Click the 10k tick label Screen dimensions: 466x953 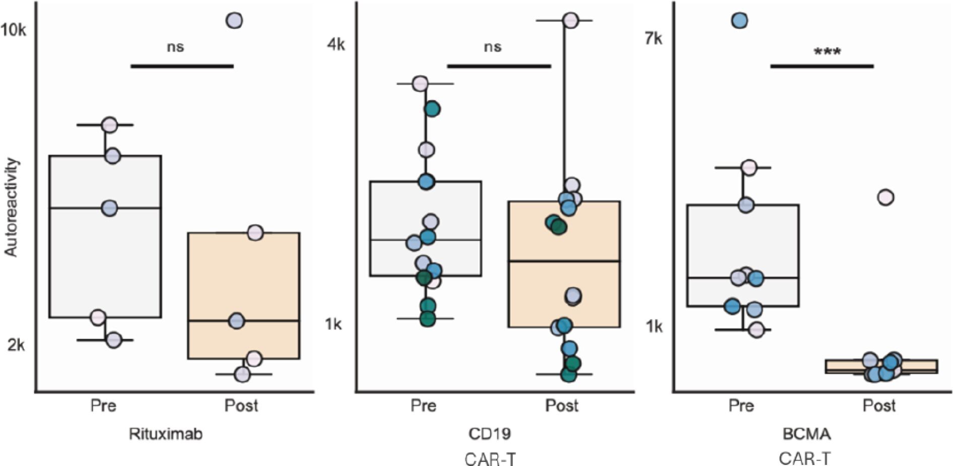(14, 30)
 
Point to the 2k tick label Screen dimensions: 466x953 (16, 345)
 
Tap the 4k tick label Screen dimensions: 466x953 (336, 45)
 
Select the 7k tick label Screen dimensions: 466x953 (654, 38)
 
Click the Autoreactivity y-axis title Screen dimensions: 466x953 (11, 207)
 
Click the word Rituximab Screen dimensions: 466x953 (166, 434)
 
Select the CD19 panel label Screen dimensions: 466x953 (490, 434)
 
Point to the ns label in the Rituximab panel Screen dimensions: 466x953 (175, 47)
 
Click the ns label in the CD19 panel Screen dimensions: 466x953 (492, 47)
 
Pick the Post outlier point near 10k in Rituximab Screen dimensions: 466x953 (235, 21)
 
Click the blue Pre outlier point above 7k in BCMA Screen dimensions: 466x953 (739, 21)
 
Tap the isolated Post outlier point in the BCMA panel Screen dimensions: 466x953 (886, 197)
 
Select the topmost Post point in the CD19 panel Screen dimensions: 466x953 (571, 20)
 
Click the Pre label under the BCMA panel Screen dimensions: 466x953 (741, 406)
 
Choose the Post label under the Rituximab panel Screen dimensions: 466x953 (241, 406)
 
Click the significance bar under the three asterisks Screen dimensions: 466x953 (822, 66)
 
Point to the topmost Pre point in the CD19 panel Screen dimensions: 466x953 (420, 84)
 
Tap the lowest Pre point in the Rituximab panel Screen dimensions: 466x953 (113, 340)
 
